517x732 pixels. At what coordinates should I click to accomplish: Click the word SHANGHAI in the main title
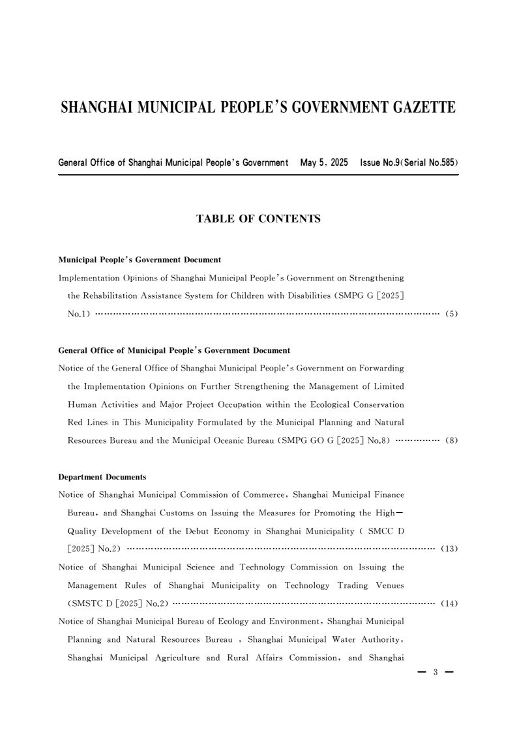point(98,108)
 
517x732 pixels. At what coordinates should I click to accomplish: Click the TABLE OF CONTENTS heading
point(258,219)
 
